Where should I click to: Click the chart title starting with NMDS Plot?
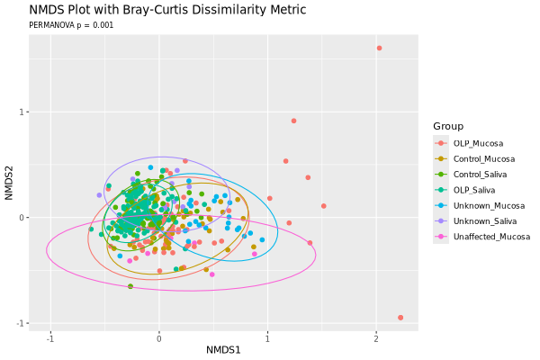click(167, 10)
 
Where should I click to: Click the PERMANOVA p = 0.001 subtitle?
click(71, 25)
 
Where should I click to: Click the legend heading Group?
click(448, 126)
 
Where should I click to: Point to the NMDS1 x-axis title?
click(224, 349)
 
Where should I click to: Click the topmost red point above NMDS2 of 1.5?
click(379, 49)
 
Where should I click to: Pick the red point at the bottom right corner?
click(400, 317)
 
